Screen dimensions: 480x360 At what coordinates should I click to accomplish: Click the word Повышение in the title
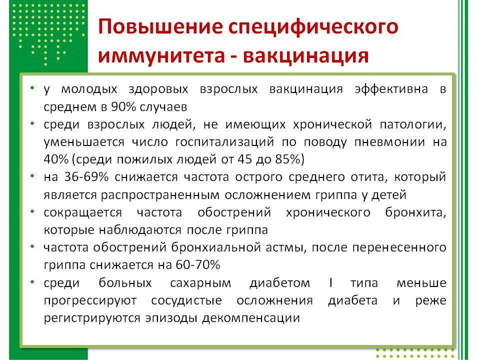(160, 26)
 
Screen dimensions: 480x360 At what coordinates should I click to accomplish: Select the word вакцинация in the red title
(306, 55)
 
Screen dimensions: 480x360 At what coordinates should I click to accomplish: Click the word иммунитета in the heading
(161, 55)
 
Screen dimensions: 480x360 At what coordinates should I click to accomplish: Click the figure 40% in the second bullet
(56, 159)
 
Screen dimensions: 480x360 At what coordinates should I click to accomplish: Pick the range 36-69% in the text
(86, 177)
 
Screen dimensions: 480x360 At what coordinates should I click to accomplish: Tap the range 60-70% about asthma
(198, 264)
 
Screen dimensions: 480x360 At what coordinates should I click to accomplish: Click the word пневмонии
(389, 142)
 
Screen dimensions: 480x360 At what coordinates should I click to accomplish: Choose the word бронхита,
(415, 212)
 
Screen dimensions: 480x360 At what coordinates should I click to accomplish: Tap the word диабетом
(280, 283)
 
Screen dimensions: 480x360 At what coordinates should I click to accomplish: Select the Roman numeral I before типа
(330, 282)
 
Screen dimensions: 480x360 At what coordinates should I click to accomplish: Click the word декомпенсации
(251, 318)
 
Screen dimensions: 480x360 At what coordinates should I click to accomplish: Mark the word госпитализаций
(224, 142)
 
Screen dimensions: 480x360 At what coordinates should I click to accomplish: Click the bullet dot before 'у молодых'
(32, 88)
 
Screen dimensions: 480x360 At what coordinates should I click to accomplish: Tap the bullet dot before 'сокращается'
(32, 211)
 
